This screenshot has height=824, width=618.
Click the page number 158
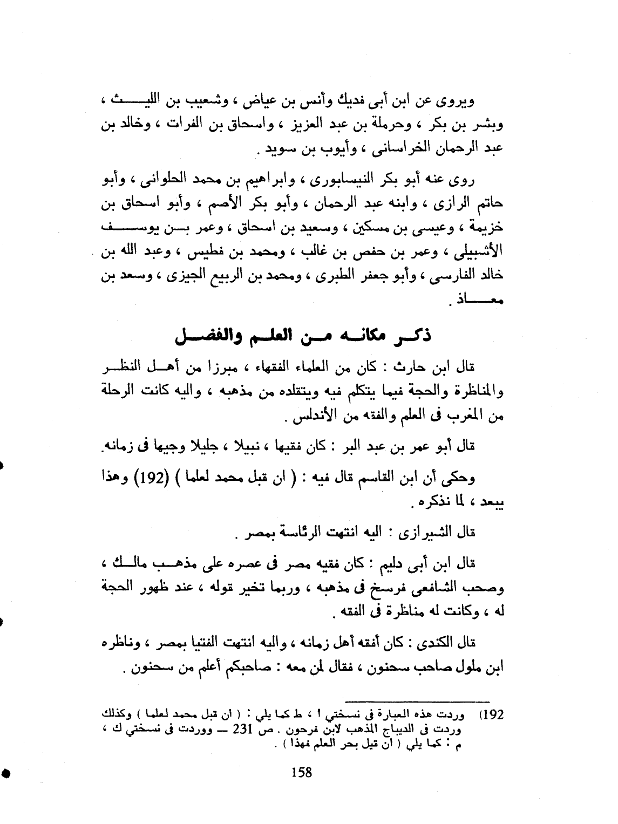pyautogui.click(x=301, y=773)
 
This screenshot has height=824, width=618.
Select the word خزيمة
pyautogui.click(x=486, y=229)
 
